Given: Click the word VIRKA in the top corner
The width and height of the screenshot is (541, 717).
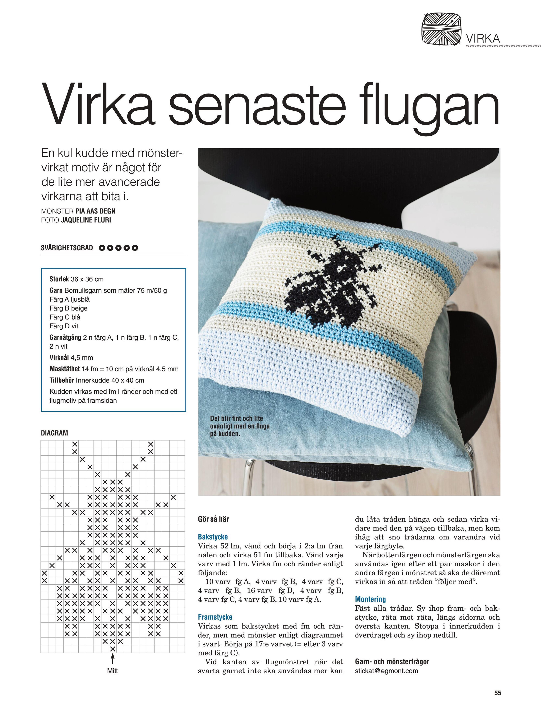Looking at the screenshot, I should [483, 39].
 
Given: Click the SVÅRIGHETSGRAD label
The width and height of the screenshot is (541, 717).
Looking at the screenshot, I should [67, 248].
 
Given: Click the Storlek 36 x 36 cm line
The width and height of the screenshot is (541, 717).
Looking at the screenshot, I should [76, 279].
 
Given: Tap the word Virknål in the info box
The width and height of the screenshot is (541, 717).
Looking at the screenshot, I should [59, 358].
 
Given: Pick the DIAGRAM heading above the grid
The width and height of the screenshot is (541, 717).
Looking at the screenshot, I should [54, 433].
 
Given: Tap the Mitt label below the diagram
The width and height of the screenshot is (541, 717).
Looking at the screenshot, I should [112, 671].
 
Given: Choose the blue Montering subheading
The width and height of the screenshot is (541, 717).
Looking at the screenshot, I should [370, 599].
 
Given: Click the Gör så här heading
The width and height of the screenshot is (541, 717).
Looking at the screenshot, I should [213, 519].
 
